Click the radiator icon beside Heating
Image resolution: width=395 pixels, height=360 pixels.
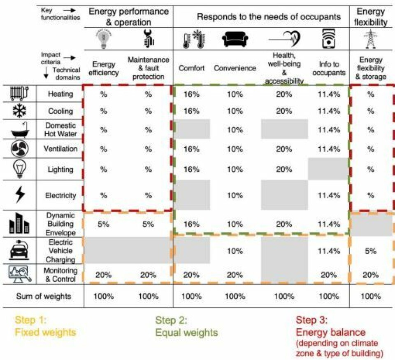tap(19, 94)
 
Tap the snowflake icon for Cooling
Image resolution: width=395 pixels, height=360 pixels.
tap(19, 111)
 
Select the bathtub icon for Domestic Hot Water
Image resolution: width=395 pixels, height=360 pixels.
tap(19, 129)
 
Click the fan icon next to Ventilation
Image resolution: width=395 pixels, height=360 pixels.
tap(19, 148)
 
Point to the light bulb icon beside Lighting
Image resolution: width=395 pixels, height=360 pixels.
tap(19, 169)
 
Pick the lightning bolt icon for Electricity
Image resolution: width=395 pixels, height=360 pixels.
tap(19, 195)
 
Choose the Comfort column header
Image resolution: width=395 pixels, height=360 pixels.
tap(191, 68)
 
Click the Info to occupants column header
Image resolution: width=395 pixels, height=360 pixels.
tap(329, 68)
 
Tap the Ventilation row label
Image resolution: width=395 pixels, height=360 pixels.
tap(60, 148)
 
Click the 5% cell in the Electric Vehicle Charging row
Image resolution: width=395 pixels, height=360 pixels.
tap(370, 251)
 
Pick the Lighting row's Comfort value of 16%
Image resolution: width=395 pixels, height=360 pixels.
tap(191, 169)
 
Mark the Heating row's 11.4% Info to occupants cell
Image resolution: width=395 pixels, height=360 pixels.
tap(329, 94)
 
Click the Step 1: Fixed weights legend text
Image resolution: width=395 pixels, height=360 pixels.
tap(45, 326)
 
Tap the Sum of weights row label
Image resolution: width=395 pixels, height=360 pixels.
tap(44, 296)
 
